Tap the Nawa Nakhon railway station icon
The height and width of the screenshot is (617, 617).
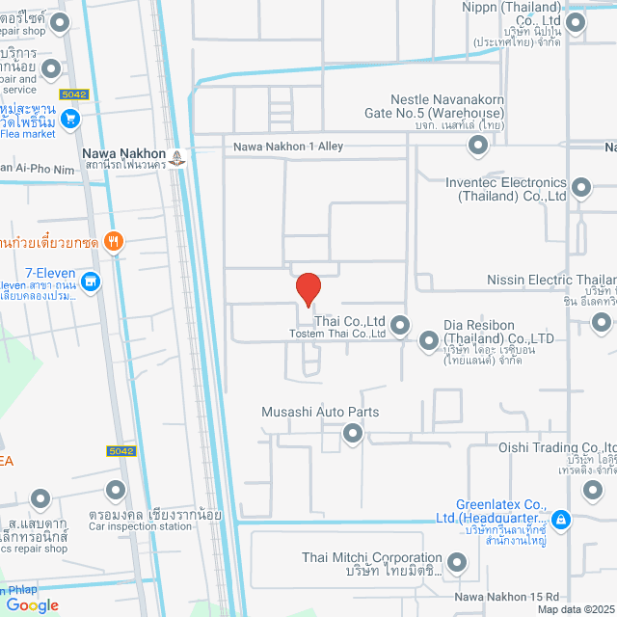tap(177, 157)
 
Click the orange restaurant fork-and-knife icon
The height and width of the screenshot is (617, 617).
tap(114, 241)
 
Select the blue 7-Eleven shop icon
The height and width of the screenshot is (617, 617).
tap(91, 282)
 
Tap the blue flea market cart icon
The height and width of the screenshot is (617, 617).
tap(70, 120)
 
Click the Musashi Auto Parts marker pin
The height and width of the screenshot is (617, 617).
tap(353, 435)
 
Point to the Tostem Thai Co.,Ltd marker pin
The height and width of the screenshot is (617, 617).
tap(398, 326)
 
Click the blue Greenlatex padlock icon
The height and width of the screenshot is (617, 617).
tap(562, 521)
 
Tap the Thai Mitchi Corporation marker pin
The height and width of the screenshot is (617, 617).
tap(457, 562)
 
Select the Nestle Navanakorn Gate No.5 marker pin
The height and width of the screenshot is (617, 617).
tap(477, 146)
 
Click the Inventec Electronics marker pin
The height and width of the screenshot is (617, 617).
tap(581, 188)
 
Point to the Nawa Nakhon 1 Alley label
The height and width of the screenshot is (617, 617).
tap(288, 147)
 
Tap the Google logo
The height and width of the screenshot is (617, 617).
tap(32, 604)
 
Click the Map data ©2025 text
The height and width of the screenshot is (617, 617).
tap(575, 609)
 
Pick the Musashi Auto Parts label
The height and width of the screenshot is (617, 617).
tap(320, 412)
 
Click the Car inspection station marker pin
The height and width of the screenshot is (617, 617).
tap(116, 492)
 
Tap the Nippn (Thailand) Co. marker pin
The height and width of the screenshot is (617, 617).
tap(577, 22)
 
